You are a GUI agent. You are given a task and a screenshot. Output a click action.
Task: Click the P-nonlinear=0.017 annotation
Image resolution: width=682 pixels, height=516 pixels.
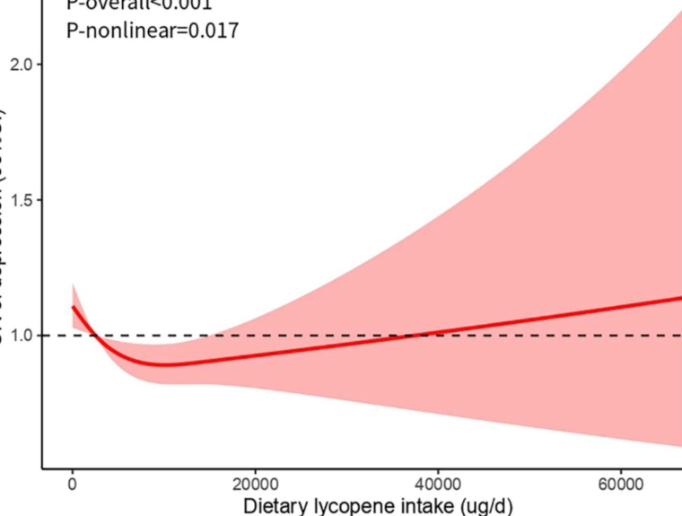click(153, 31)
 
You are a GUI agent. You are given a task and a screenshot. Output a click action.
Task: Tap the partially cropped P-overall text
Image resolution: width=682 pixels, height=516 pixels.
click(140, 4)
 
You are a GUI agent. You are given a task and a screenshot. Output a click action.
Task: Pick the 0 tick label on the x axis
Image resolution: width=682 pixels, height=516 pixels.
click(73, 485)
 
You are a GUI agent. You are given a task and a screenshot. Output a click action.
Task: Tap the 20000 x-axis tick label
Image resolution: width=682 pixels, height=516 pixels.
click(255, 485)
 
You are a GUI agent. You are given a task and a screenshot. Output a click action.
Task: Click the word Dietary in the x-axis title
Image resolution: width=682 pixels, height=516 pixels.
click(273, 506)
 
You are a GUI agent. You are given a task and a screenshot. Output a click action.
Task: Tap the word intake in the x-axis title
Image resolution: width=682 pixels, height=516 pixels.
click(420, 506)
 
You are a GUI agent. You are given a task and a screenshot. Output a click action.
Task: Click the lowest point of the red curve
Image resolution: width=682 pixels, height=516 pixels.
click(162, 365)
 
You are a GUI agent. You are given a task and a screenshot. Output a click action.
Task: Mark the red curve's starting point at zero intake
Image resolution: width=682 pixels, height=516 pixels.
click(74, 307)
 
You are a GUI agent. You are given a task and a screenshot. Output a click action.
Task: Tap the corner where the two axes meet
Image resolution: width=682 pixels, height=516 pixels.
click(42, 468)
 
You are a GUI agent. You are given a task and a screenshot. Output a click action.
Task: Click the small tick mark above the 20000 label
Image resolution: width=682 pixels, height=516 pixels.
click(255, 470)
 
